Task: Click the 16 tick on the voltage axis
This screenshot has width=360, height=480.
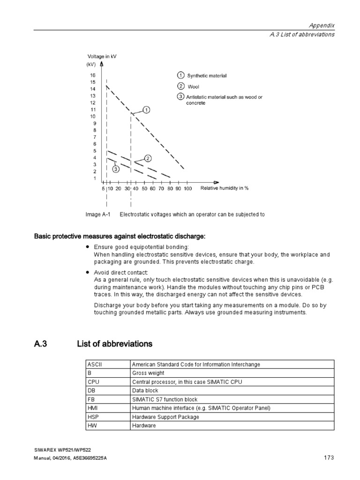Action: click(93, 75)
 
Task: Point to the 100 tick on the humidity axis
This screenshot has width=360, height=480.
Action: click(187, 188)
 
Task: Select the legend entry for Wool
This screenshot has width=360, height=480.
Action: click(193, 87)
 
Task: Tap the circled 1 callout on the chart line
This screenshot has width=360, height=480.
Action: click(146, 110)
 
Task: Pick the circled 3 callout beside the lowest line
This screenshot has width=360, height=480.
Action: click(115, 169)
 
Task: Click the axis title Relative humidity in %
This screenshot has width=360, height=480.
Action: click(224, 188)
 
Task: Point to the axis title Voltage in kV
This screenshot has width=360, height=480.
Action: click(101, 56)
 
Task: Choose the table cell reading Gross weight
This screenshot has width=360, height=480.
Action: click(148, 373)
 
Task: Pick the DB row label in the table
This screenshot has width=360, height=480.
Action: click(91, 390)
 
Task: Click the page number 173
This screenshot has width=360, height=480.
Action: click(329, 457)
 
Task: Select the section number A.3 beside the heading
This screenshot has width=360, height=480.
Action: click(41, 344)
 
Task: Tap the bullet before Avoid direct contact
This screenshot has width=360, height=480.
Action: click(87, 272)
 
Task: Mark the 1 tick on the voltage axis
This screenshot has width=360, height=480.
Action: click(94, 178)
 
